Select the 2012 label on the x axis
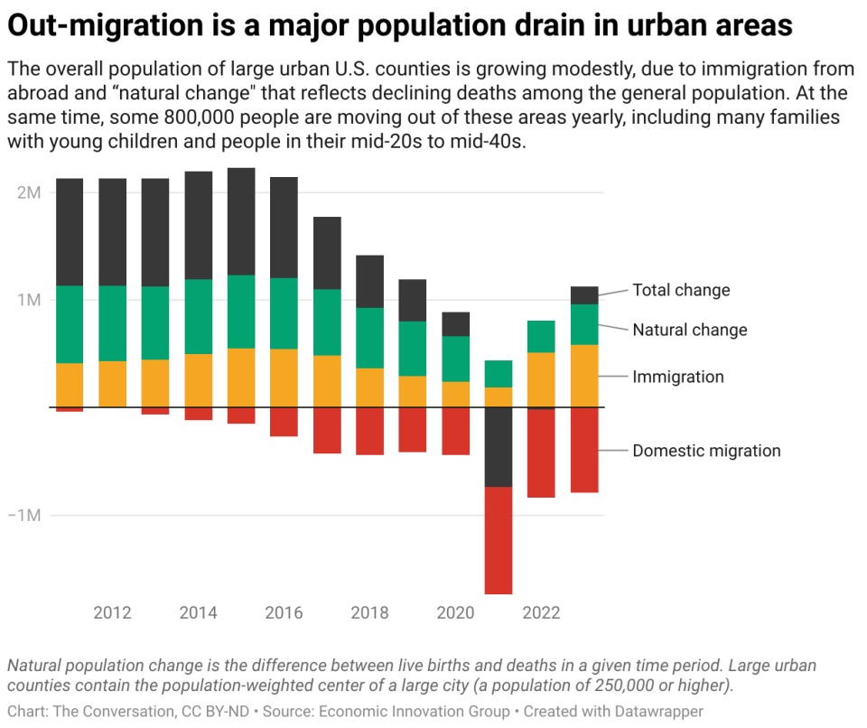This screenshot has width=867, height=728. (x=112, y=612)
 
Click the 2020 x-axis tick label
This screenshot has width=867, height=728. (x=455, y=612)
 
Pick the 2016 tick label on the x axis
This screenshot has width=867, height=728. (x=284, y=612)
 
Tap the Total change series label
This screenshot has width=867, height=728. (x=680, y=290)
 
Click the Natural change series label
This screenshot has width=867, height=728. (x=689, y=330)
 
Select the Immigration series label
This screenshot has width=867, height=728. (x=677, y=377)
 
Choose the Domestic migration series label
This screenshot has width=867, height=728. (x=706, y=451)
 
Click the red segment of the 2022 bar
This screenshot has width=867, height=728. (x=541, y=453)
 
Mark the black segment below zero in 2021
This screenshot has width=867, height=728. (x=499, y=447)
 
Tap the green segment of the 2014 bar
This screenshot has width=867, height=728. (x=198, y=316)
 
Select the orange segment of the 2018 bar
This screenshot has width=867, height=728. (x=369, y=387)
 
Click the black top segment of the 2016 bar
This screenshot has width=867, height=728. (x=284, y=227)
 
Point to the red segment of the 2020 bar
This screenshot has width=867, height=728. (x=455, y=431)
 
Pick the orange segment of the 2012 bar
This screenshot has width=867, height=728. (x=112, y=384)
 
